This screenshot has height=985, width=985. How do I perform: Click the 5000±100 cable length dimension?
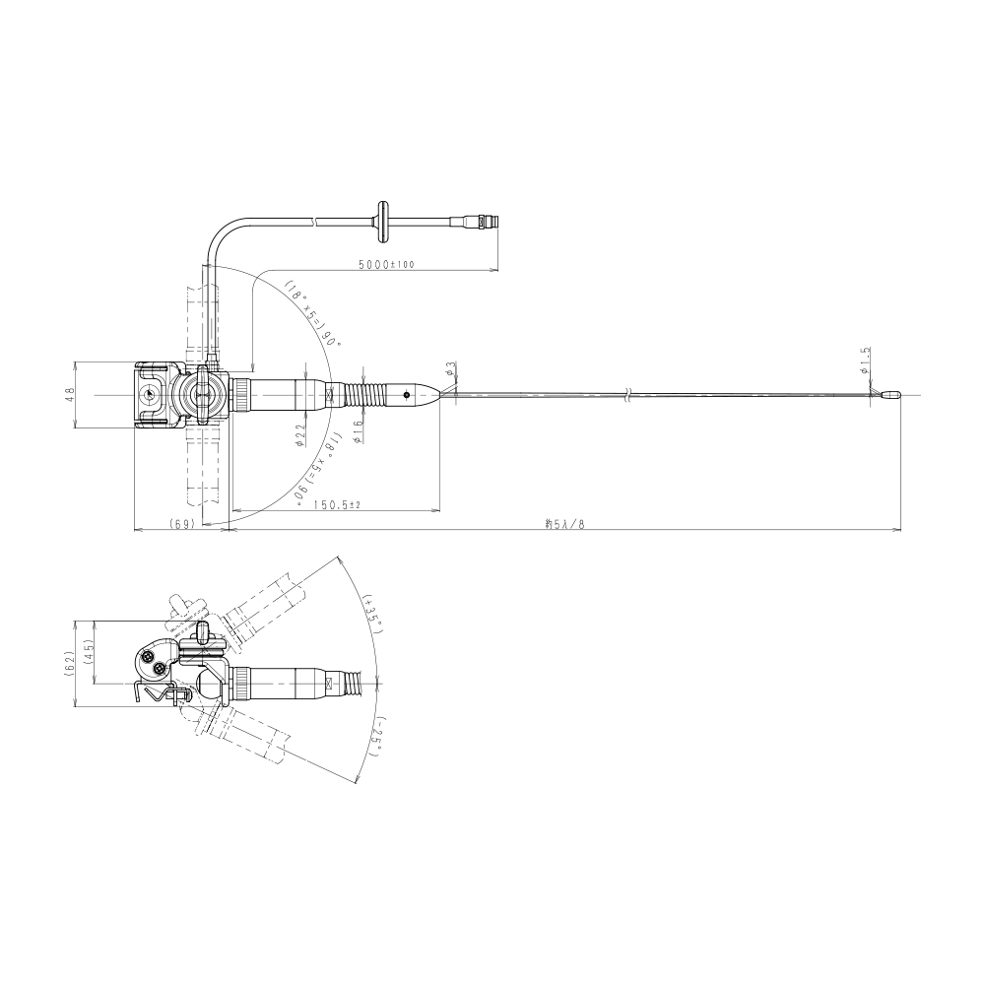(386, 265)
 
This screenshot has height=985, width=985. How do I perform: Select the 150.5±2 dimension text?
(337, 505)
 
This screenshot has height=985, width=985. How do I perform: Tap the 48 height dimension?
(70, 393)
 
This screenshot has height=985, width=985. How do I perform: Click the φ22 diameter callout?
(299, 433)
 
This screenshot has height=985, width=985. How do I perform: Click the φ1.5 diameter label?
(864, 361)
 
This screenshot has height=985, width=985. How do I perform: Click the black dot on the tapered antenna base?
(406, 394)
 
